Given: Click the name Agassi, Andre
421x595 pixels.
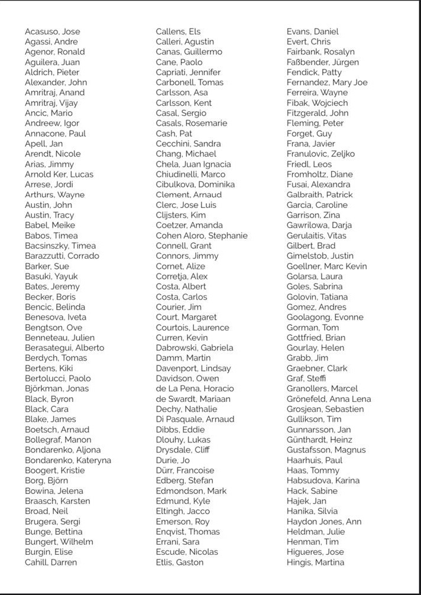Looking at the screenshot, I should pos(51,42).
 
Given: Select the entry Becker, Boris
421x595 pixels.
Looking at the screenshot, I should pos(50,297).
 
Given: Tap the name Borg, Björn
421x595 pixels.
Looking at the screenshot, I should pos(46,480).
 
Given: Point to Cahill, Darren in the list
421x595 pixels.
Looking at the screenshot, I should pos(51,562).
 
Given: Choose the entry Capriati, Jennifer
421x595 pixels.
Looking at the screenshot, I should pos(188,72).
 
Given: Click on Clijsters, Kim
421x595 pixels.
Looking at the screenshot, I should pos(181,215).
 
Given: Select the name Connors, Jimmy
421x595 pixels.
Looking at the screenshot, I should pos(187,256).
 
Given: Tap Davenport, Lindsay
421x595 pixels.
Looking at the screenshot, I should pos(193,368).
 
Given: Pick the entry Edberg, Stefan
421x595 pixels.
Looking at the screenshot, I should pos(184,480).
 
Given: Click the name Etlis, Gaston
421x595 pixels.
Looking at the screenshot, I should pos(179,562).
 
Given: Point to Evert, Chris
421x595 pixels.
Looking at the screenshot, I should pos(309,42).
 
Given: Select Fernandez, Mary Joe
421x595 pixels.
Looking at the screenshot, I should pos(327,83).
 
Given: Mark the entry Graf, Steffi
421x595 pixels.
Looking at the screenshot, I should pos(306,378).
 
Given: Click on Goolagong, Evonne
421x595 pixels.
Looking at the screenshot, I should pos(325,317).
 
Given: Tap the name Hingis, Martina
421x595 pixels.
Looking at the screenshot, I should pos(315,562).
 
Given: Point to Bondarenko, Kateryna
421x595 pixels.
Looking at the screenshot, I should pos(67,460).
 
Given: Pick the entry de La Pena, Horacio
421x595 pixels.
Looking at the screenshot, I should pos(195,388).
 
